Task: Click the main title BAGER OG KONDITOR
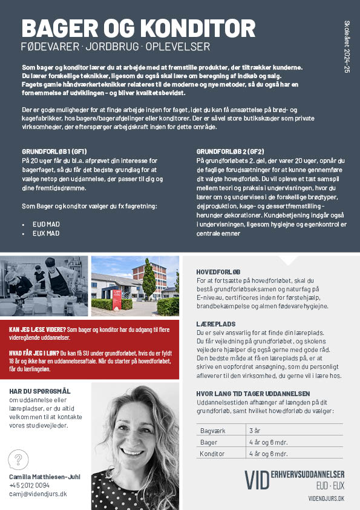[x=138, y=28]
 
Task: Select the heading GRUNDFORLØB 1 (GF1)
[x=54, y=151]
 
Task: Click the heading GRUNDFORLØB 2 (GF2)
[x=231, y=151]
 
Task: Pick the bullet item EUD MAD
[x=46, y=224]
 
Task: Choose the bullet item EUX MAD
[x=46, y=233]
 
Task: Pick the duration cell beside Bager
[x=269, y=442]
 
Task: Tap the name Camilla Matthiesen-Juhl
[x=45, y=477]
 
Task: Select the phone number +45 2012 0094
[x=30, y=485]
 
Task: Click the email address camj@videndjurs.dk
[x=38, y=494]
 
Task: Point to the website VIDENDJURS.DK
[x=326, y=498]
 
